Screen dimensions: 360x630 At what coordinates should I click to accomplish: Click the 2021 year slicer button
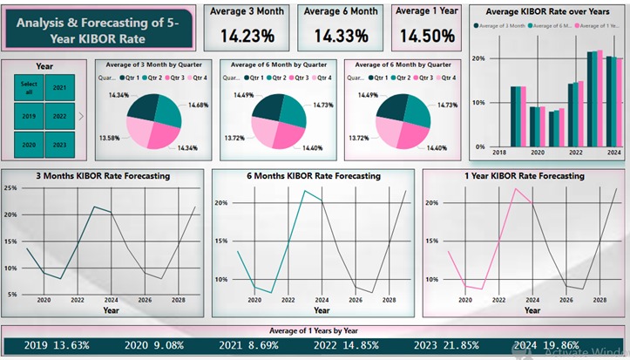pos(59,88)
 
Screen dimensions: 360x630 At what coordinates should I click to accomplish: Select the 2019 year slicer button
pos(29,116)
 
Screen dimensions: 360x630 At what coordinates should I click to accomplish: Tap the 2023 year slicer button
pos(59,145)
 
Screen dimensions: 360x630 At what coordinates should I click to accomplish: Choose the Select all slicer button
pos(29,88)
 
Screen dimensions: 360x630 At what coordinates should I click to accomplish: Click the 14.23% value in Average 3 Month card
pos(247,36)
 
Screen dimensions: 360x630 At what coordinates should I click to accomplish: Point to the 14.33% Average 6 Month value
pos(340,36)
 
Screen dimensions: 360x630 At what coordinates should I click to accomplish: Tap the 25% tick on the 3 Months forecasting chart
pos(12,187)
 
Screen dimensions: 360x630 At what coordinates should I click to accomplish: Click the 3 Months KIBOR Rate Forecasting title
pos(104,176)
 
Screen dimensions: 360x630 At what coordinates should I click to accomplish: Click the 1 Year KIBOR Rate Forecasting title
pos(525,176)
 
